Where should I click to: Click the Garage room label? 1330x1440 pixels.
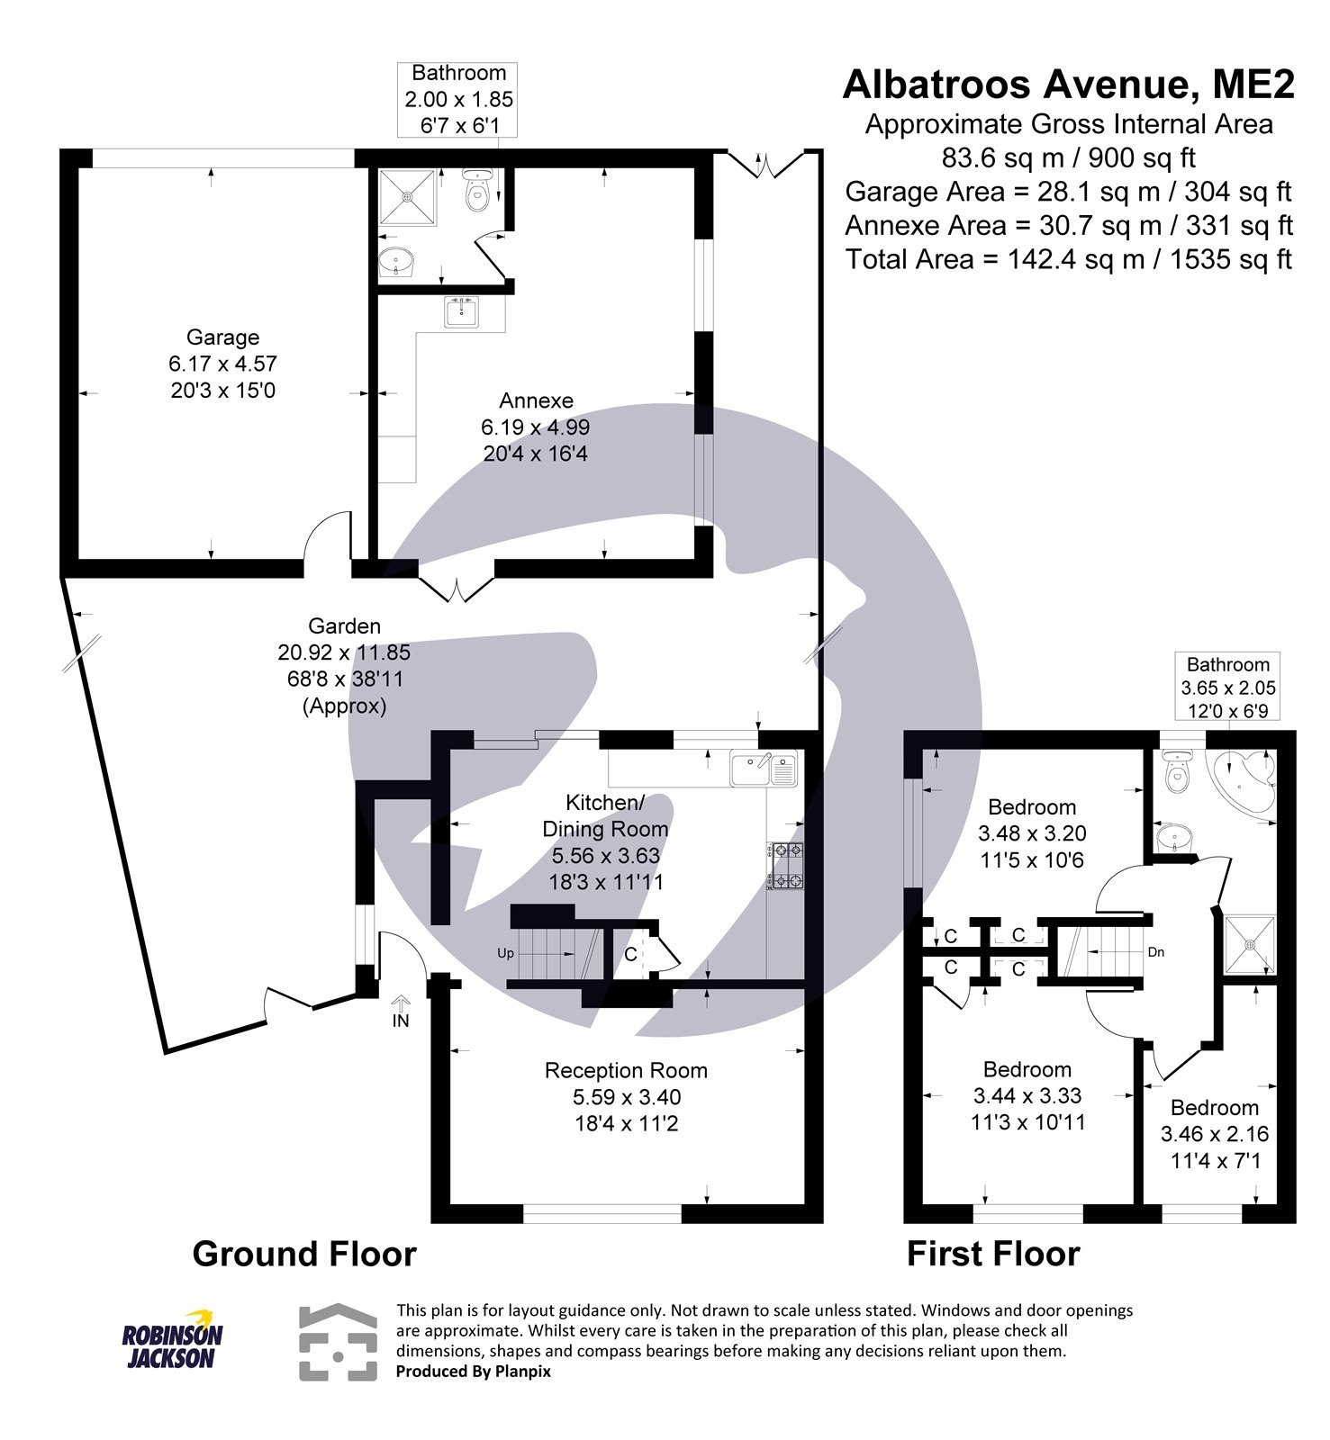222,337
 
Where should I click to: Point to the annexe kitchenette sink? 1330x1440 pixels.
463,312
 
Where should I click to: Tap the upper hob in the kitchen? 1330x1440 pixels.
785,850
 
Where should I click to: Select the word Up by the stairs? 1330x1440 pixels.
505,953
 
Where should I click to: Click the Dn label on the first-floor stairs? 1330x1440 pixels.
1156,951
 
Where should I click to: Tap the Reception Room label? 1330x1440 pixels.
626,1070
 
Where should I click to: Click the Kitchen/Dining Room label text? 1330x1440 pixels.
605,815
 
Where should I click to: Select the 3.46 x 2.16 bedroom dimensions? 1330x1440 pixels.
1215,1134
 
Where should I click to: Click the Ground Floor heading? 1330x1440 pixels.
304,1254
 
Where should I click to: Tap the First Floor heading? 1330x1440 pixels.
992,1254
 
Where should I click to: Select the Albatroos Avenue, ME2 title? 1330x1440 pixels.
1068,85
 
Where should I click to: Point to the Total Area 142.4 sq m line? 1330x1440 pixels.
1068,259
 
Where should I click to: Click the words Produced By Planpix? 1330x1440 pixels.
474,1372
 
